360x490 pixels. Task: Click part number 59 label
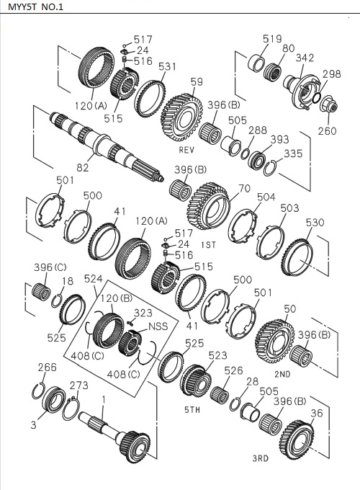(197, 83)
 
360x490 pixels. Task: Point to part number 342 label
(305, 57)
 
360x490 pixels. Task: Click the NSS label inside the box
(158, 326)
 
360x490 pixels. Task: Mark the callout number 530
(315, 223)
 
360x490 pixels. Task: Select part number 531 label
(168, 67)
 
